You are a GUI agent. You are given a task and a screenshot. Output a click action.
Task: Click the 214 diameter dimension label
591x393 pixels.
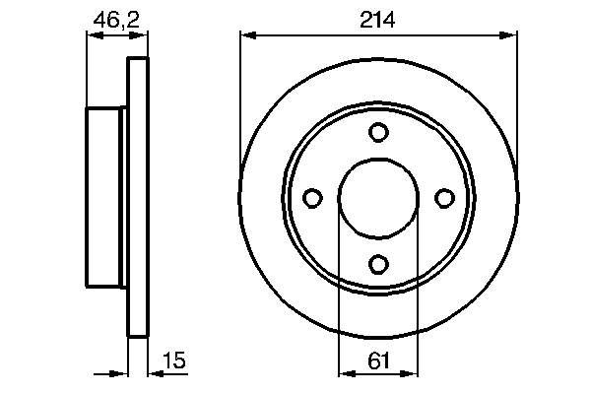pyautogui.click(x=377, y=20)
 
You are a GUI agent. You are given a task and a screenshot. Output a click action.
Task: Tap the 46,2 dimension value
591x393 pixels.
pyautogui.click(x=116, y=20)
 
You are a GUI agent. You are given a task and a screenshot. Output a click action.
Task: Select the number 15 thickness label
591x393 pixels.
pyautogui.click(x=174, y=360)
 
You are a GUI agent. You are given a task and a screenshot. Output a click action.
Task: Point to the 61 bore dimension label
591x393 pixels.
pyautogui.click(x=378, y=360)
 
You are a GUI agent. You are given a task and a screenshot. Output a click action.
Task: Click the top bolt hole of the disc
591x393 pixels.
pyautogui.click(x=378, y=132)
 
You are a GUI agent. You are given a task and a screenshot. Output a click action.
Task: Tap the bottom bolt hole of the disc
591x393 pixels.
pyautogui.click(x=378, y=264)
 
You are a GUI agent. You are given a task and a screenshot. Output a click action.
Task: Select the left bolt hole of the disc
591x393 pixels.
pyautogui.click(x=312, y=198)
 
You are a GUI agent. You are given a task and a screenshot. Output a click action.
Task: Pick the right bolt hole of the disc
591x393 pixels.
pyautogui.click(x=445, y=198)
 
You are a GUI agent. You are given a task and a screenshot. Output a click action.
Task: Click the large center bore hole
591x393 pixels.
pyautogui.click(x=378, y=198)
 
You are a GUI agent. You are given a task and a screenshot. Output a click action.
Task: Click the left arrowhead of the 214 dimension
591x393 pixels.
pyautogui.click(x=248, y=35)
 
